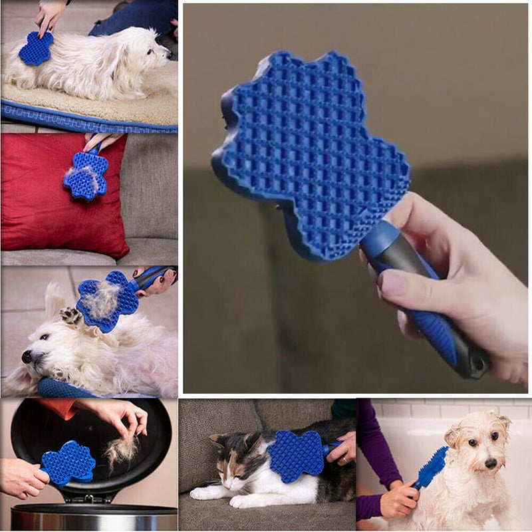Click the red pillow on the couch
[47, 199]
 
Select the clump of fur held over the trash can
[122, 450]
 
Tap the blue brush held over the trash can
[68, 462]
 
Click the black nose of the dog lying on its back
[26, 357]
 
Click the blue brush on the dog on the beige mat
[35, 48]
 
